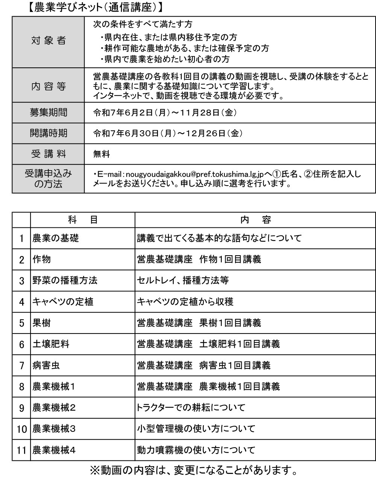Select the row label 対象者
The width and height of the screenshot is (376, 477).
tap(48, 41)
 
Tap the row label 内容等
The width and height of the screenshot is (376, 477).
tap(48, 87)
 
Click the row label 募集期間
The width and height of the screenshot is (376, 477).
tap(48, 112)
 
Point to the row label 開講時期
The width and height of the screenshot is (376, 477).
tap(48, 133)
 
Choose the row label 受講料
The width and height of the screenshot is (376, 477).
tap(48, 154)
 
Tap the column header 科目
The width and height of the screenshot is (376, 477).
tap(82, 220)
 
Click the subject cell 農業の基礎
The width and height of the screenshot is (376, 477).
tap(56, 238)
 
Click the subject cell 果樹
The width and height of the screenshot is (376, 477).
tap(41, 323)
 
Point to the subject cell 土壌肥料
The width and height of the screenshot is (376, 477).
tap(51, 344)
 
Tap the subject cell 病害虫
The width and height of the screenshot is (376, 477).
tap(46, 365)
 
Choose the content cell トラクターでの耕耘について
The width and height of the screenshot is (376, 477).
tap(191, 407)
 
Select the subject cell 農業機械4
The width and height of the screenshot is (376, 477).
tap(54, 450)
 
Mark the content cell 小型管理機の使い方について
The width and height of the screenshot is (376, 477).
tap(196, 428)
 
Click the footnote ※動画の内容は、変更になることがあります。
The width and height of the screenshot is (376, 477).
tap(193, 470)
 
